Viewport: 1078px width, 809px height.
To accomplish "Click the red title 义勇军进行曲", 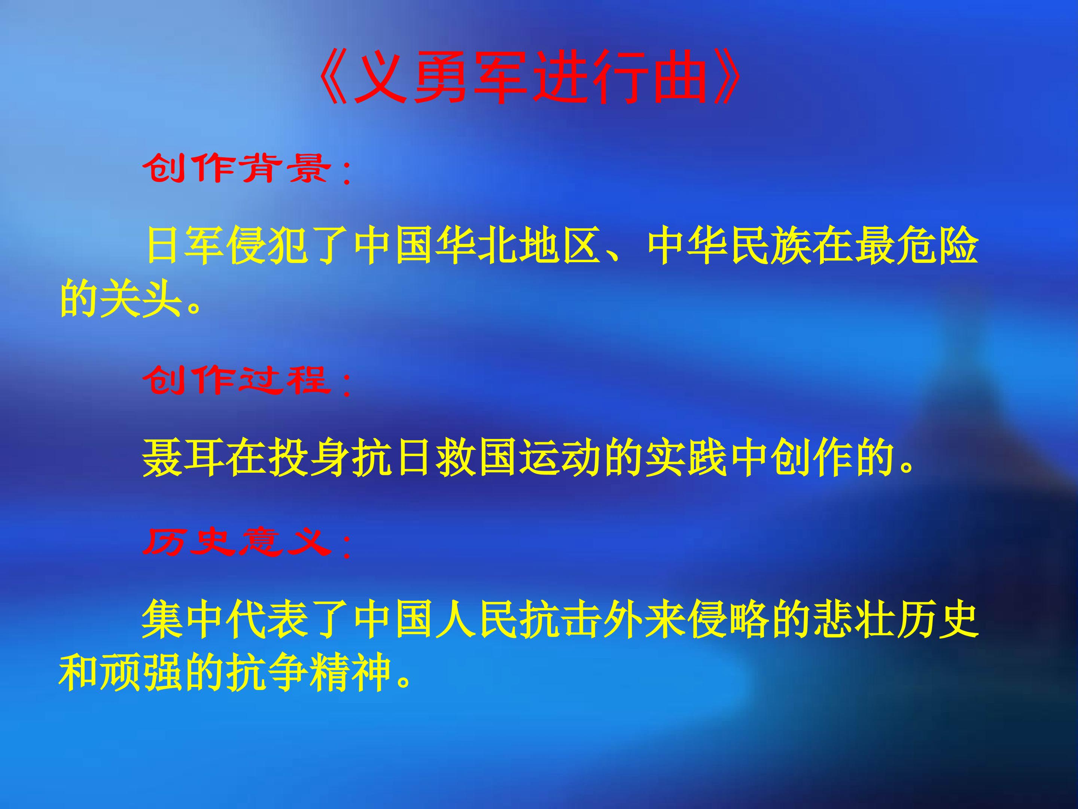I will point(531,78).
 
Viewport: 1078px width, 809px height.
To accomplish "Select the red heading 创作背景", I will point(236,168).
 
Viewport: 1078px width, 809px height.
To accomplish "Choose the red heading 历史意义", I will point(236,542).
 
